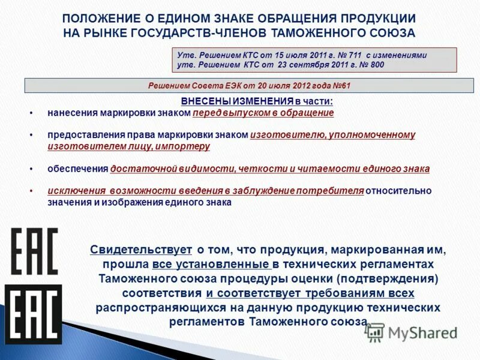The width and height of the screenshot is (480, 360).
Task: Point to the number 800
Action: point(374,65)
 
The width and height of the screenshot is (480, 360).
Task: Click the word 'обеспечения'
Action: point(77,169)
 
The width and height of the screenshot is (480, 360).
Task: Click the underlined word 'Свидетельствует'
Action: point(141,250)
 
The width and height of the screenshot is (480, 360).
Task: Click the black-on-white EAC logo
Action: point(35,251)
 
